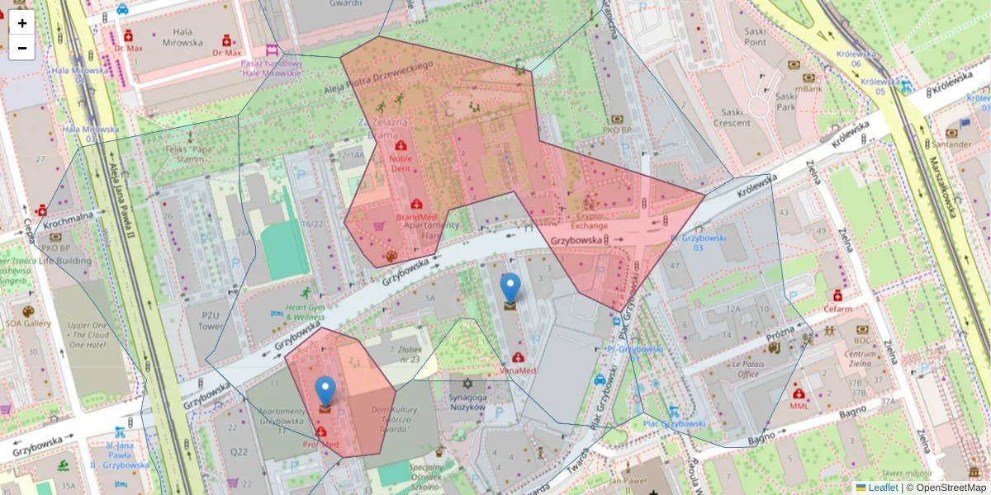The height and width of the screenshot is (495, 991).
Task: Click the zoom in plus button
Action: (x=22, y=23)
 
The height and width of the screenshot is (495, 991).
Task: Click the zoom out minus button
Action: (x=22, y=48)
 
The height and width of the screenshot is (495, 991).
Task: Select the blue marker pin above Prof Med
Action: (x=325, y=394)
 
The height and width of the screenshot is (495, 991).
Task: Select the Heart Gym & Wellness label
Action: (x=305, y=312)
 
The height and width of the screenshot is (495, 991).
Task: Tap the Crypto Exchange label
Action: (x=589, y=220)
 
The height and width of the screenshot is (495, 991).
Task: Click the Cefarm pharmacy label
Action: (x=837, y=309)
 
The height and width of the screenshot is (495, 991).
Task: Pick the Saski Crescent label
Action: (x=732, y=117)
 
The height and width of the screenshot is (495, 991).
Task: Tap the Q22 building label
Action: (x=239, y=451)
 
